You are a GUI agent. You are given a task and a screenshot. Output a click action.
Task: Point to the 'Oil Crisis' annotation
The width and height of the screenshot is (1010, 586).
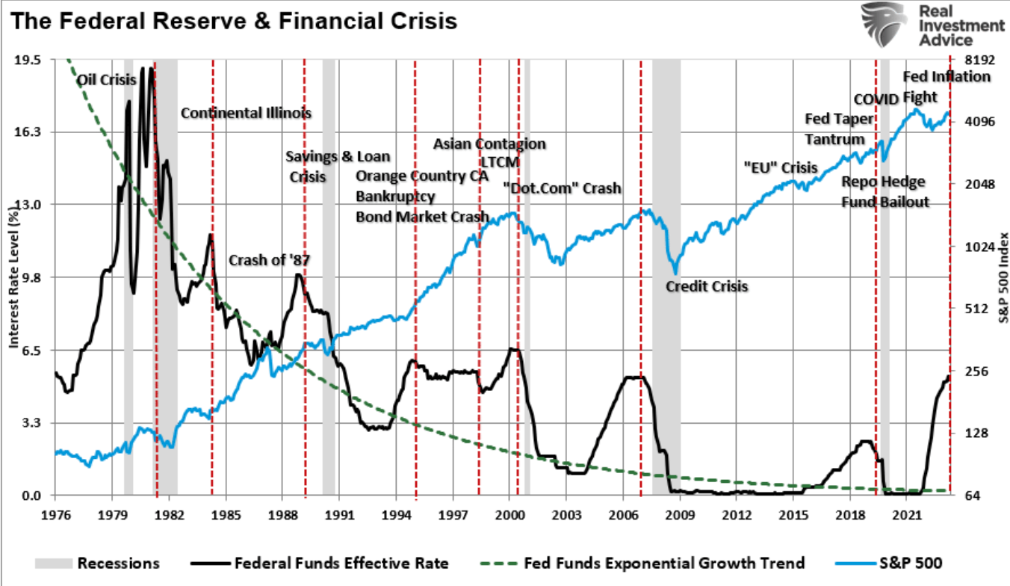point(107,78)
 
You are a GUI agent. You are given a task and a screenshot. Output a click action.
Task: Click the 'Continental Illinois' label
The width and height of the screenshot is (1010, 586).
point(246,114)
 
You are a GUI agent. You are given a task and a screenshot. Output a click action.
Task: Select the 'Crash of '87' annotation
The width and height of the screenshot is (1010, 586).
point(269,260)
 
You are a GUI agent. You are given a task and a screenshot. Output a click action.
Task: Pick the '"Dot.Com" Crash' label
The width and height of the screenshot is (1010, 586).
point(561,188)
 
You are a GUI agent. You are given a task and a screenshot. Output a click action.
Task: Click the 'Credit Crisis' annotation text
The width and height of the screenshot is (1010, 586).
point(706,286)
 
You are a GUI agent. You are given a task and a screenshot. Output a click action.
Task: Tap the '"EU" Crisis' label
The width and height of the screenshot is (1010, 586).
point(780,167)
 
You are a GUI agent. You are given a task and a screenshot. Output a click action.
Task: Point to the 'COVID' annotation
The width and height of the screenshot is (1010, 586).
point(876,100)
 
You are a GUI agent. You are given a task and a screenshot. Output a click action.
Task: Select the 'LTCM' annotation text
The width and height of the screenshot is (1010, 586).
point(500,161)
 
